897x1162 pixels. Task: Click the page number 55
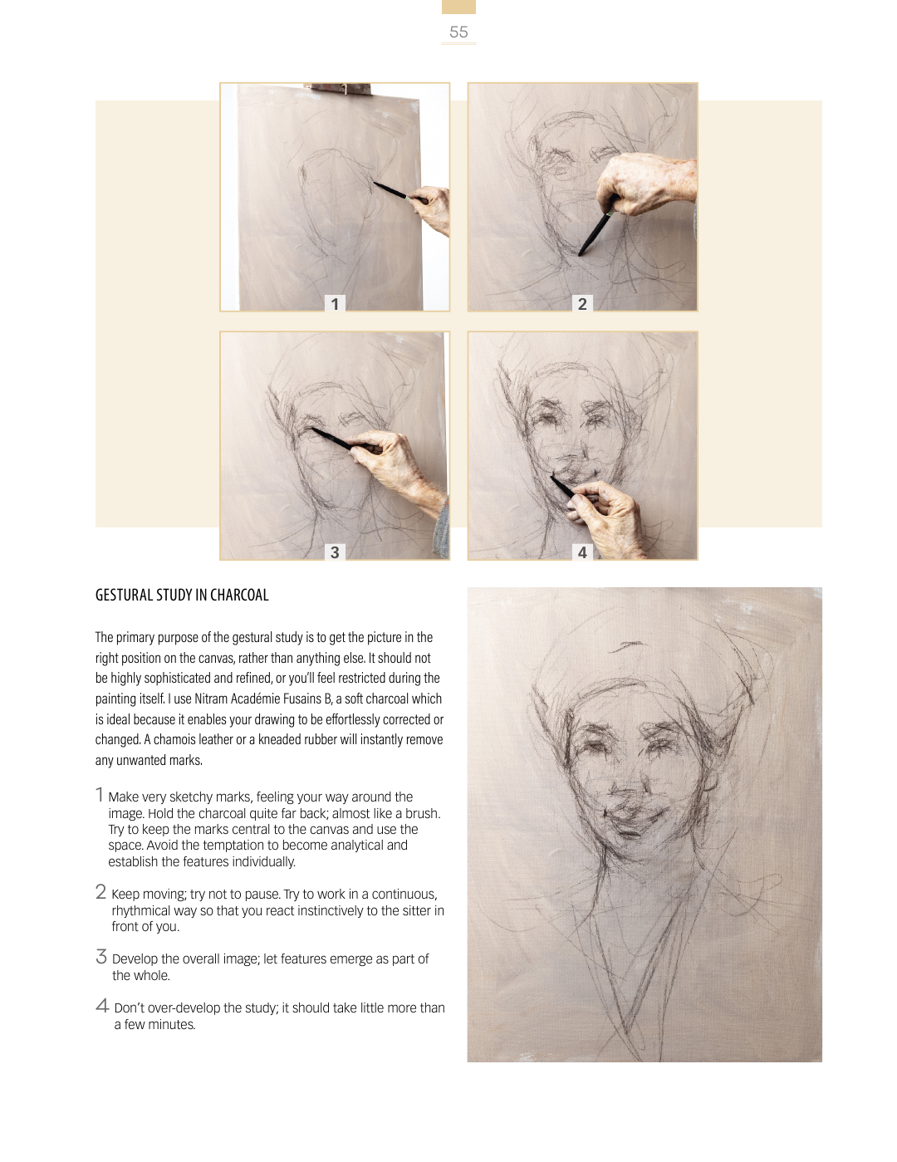tap(458, 32)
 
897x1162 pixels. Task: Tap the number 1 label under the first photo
tap(335, 304)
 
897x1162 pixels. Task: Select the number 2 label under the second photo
tap(583, 304)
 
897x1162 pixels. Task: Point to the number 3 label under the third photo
tap(335, 552)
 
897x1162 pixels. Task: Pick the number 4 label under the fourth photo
tap(583, 552)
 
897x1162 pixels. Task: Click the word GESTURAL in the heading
tap(124, 596)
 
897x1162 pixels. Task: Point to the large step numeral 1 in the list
tap(100, 795)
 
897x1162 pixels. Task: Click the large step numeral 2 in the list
tap(101, 892)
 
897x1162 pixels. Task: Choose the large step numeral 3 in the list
tap(101, 957)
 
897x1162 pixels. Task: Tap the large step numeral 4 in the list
tap(102, 1006)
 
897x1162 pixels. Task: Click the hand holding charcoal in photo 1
tap(431, 208)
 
